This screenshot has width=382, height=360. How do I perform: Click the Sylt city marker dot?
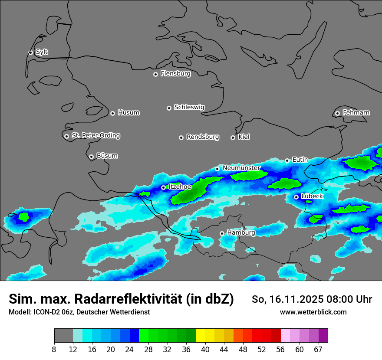tap(30, 52)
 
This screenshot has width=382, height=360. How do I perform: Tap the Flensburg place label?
tap(175, 74)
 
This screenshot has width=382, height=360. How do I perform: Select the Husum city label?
tap(128, 113)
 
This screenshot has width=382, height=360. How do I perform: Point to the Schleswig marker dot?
tap(169, 108)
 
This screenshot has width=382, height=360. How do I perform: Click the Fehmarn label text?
tap(356, 113)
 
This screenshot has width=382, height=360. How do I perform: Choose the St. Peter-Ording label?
tap(95, 136)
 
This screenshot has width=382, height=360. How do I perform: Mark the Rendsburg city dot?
tap(181, 137)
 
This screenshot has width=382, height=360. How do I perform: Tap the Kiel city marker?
tap(233, 137)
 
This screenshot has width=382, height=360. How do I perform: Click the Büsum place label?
tap(107, 156)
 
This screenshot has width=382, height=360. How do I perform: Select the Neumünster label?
tap(241, 168)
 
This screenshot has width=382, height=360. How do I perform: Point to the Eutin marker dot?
tap(287, 160)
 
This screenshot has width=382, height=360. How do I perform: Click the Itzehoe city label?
tap(179, 187)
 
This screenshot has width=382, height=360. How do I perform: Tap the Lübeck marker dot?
tap(296, 197)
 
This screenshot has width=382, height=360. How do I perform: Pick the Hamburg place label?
tap(241, 233)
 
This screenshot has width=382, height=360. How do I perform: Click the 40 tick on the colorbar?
tap(205, 349)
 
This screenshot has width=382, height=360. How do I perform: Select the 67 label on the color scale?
tap(318, 349)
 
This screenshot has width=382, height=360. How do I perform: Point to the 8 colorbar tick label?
tap(54, 349)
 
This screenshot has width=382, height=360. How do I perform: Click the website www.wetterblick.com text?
tap(313, 312)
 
